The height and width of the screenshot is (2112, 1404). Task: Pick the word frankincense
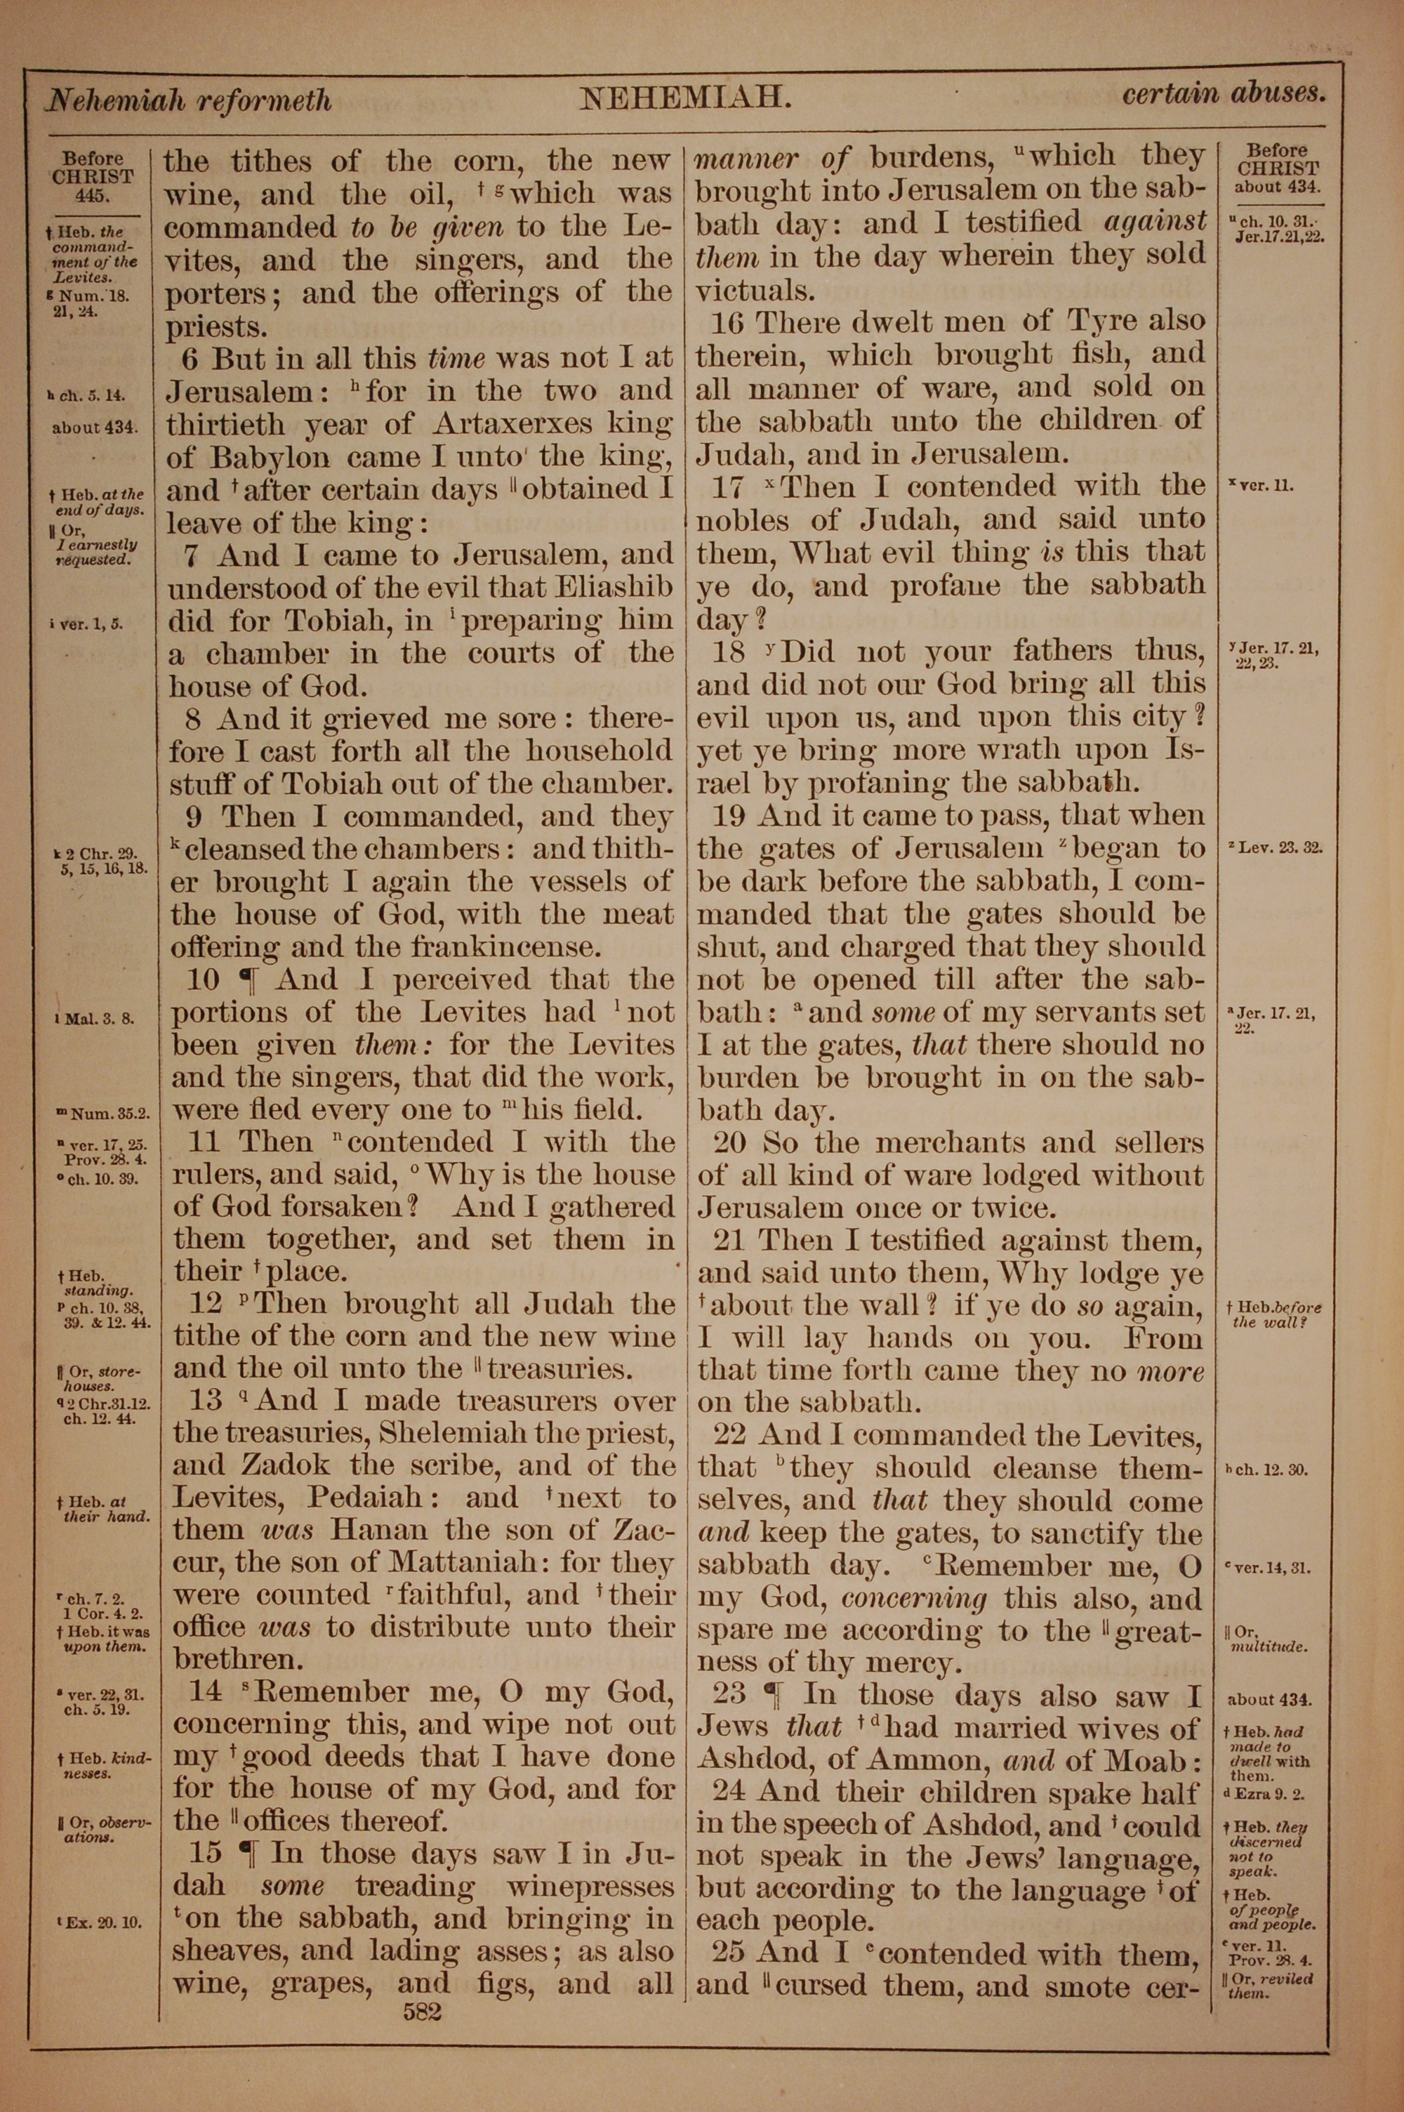coord(517,946)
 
